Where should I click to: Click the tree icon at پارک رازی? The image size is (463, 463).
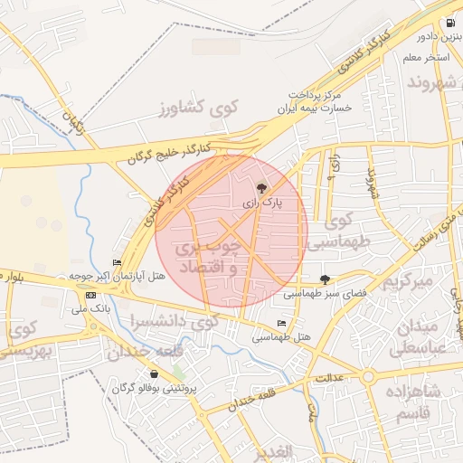pos(262,188)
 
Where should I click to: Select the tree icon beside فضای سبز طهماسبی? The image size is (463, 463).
pos(325,279)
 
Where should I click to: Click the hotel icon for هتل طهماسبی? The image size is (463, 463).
pos(281,323)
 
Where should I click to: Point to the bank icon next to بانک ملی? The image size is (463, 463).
pos(90,295)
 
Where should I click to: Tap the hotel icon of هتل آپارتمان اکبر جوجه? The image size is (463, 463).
pos(117,262)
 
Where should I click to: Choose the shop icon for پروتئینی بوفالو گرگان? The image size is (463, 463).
pos(154,374)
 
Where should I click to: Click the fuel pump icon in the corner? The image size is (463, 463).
pos(449,24)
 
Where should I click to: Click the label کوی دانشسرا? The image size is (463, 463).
pos(173,322)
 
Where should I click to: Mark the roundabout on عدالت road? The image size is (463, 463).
pos(368,376)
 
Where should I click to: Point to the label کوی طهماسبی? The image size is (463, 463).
pos(340,231)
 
